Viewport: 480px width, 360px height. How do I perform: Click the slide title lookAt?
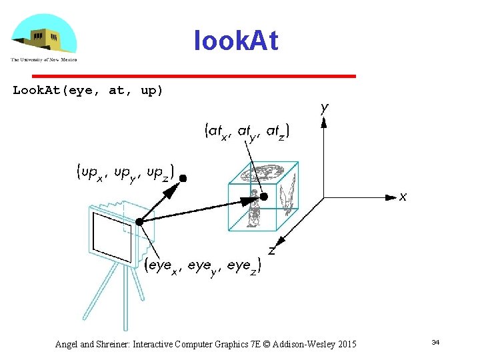[235, 41]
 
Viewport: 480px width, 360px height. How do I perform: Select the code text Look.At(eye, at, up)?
[88, 91]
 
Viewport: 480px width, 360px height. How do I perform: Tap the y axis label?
[324, 108]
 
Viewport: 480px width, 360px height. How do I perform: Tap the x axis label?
[403, 197]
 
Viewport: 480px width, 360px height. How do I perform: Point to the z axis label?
[272, 251]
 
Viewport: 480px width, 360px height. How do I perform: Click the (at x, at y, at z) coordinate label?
[247, 132]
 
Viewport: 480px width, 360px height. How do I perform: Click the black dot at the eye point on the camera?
[139, 221]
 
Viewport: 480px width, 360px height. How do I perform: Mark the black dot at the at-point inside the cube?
[264, 197]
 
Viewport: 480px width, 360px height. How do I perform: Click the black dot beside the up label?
[183, 178]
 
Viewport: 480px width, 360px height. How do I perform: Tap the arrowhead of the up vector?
[173, 191]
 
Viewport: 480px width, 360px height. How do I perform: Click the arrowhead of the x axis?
[389, 197]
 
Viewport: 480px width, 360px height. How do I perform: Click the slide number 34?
[435, 342]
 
